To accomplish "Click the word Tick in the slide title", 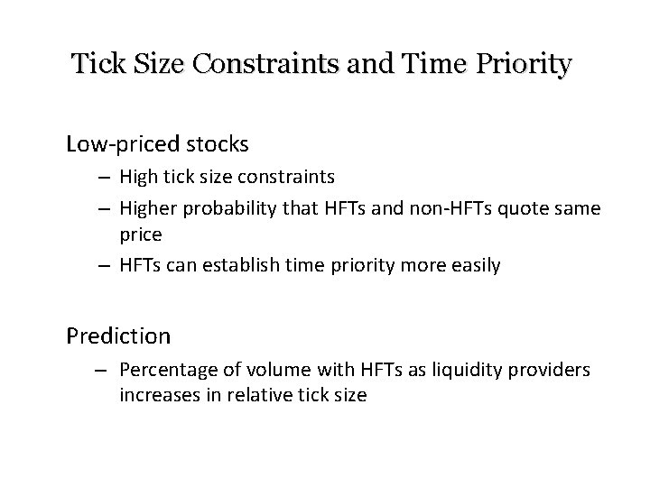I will (x=94, y=65).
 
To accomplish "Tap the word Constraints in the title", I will (x=255, y=65).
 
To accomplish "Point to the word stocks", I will (x=218, y=144).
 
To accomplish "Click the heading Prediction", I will (x=118, y=335).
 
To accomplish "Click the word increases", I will (x=154, y=394).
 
